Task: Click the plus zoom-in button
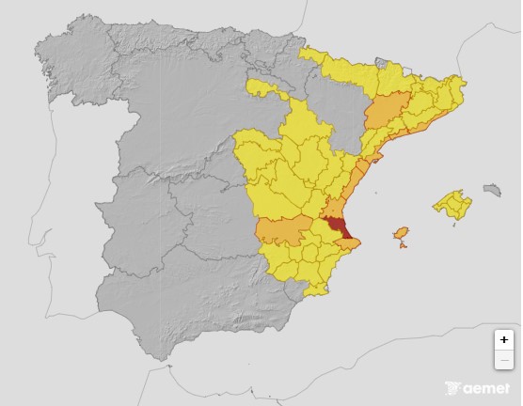(504, 340)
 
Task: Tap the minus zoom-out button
(504, 360)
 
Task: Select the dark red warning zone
(337, 228)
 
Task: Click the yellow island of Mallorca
(452, 204)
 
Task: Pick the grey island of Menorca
(491, 190)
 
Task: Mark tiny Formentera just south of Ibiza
(404, 246)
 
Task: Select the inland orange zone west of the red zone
(284, 230)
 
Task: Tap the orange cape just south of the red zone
(348, 244)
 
